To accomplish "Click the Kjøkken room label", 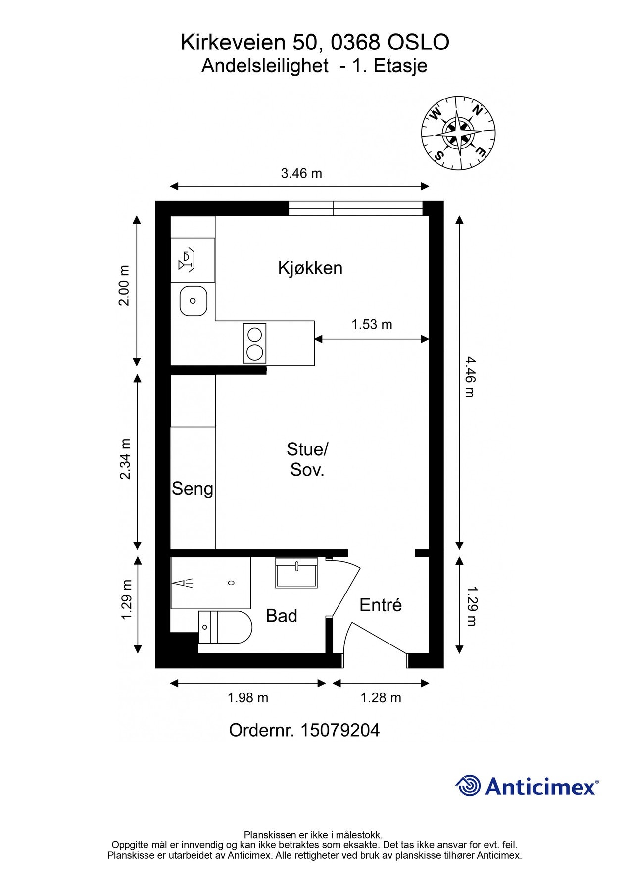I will click(x=310, y=268).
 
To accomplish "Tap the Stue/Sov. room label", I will click(x=307, y=459).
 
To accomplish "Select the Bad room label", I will click(x=281, y=616).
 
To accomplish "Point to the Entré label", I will click(x=380, y=605).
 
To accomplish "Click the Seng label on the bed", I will click(x=193, y=489).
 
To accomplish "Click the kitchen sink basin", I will click(x=193, y=301).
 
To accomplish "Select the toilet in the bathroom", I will click(x=225, y=627).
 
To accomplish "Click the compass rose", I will click(x=458, y=133).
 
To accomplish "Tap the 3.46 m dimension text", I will click(x=301, y=173).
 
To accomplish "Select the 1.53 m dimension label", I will click(x=372, y=324).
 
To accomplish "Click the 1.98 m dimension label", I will click(x=247, y=698).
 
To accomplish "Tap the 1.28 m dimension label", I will click(x=380, y=698).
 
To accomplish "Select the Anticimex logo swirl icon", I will click(x=468, y=786).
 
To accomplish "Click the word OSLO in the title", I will click(x=418, y=43).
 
